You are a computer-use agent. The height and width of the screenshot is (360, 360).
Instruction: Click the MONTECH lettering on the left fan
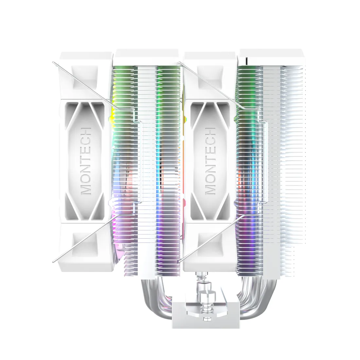pos(86,161)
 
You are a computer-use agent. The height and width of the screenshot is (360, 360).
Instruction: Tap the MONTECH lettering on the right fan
pos(210,161)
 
